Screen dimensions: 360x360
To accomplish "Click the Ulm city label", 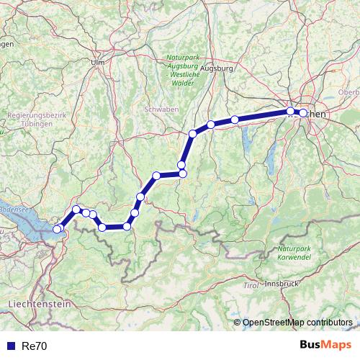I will [x=98, y=63].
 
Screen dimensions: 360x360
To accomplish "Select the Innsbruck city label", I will [x=281, y=284].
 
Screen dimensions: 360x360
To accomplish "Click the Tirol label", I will [x=251, y=286].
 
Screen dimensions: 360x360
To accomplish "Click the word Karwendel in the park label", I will [x=294, y=256].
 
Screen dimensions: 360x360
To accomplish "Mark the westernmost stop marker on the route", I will [x=58, y=229].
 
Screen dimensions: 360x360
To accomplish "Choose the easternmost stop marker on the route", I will [x=303, y=113].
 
